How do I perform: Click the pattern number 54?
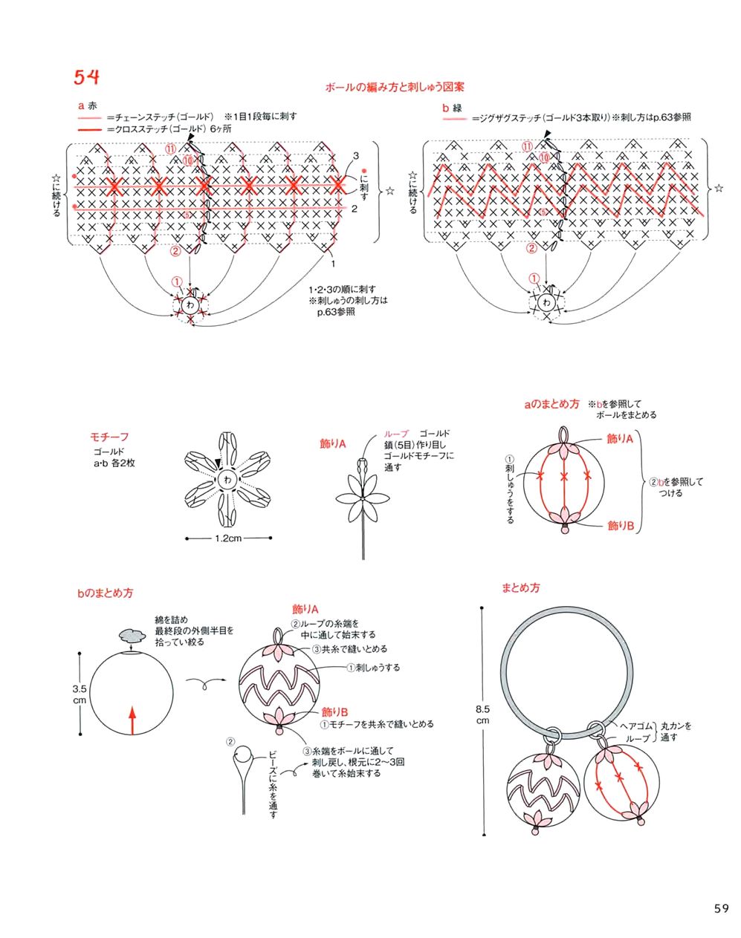click(86, 77)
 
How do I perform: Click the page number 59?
click(720, 908)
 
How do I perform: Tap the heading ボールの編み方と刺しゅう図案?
click(395, 88)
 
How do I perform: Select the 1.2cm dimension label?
click(227, 538)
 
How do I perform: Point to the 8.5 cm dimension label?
click(482, 715)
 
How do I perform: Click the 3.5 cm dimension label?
click(80, 694)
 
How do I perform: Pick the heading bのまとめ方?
click(105, 593)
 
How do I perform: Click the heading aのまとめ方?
click(551, 405)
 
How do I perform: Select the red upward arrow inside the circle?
click(132, 719)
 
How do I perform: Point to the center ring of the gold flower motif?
click(227, 480)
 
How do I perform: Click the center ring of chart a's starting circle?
click(191, 305)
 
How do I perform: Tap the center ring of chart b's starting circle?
click(547, 302)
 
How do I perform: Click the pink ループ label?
click(396, 434)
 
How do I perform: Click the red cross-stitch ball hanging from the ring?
click(619, 783)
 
